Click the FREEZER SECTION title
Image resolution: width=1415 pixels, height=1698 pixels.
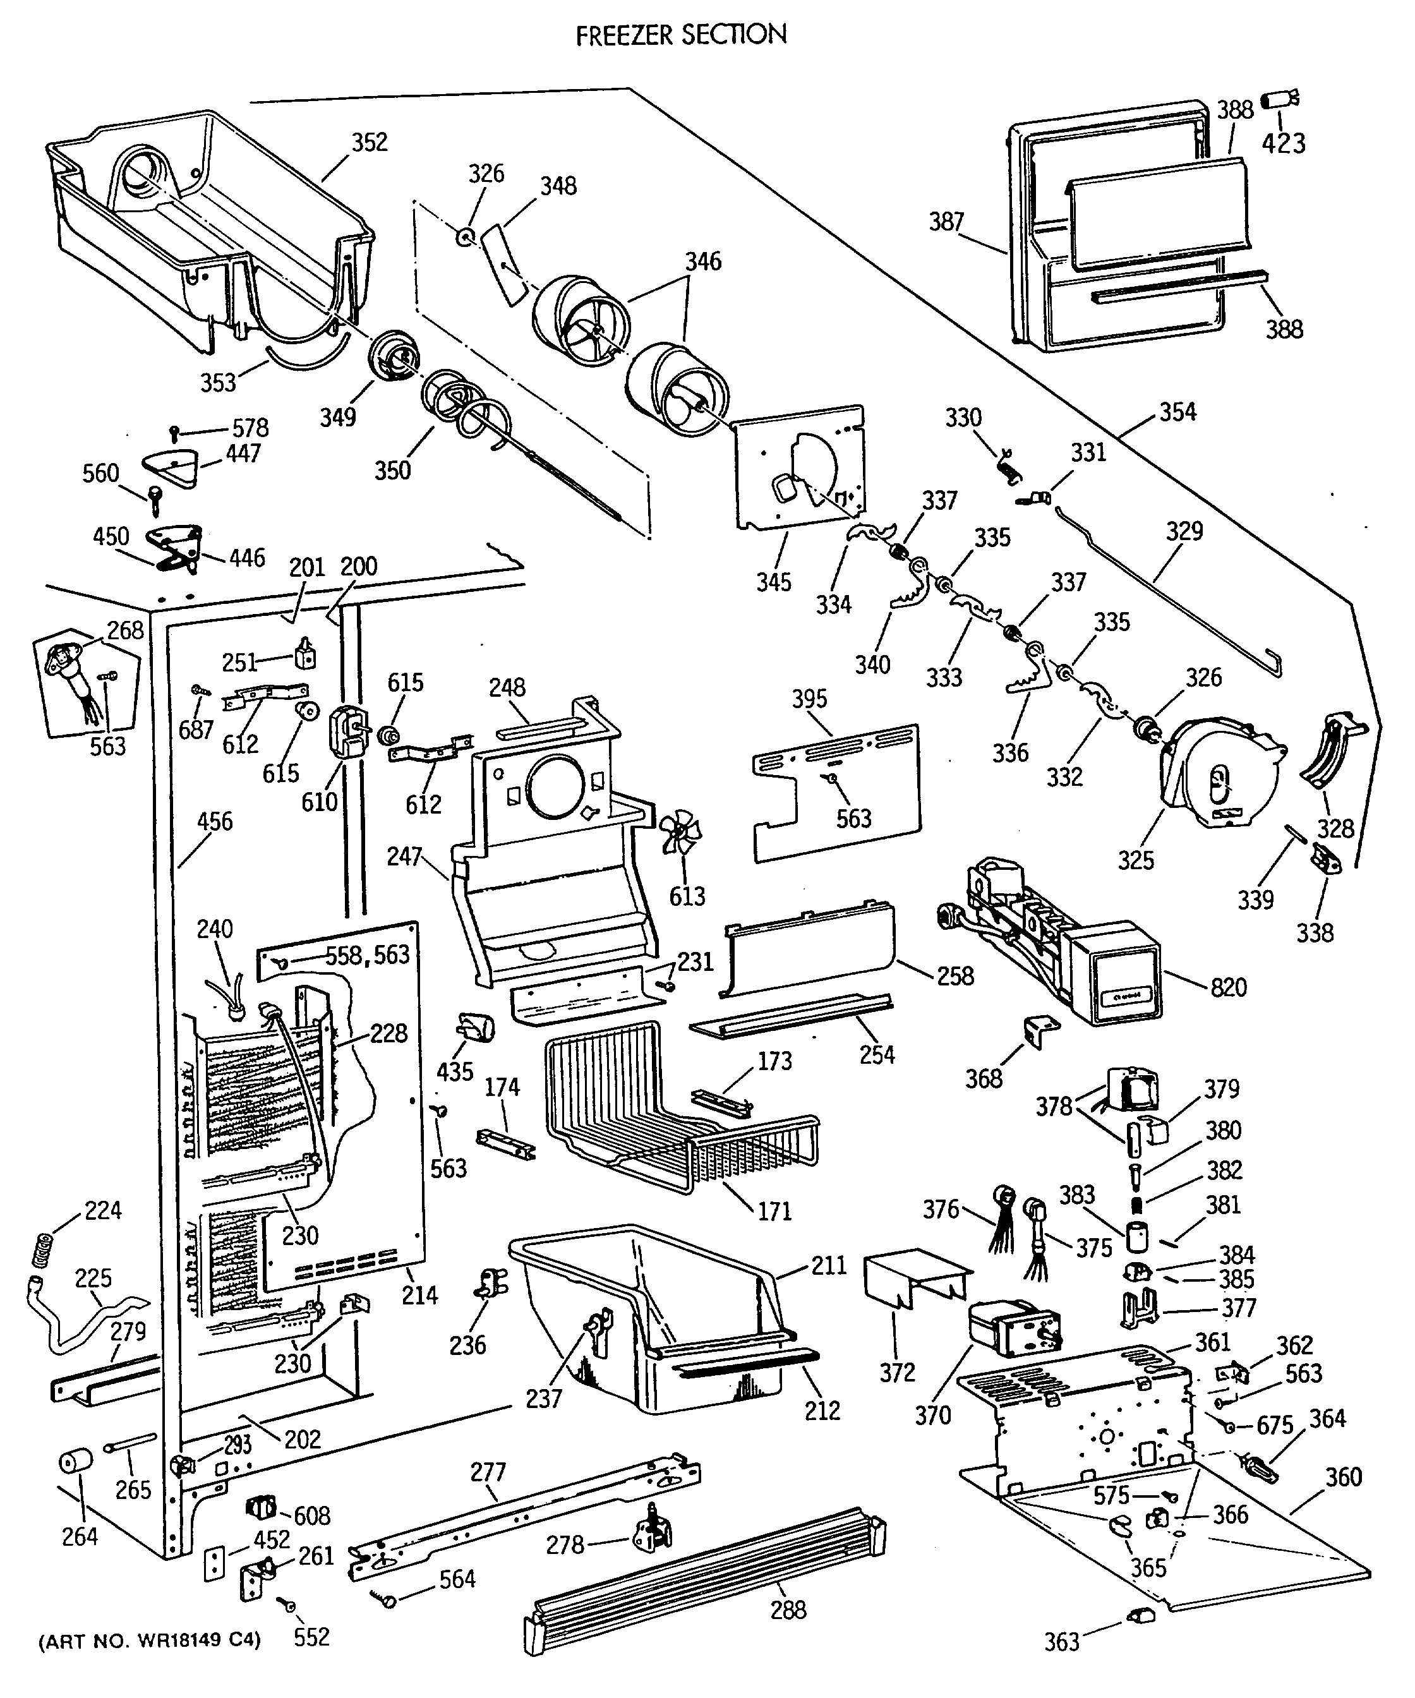coord(681,35)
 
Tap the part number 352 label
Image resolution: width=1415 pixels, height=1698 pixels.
coord(370,142)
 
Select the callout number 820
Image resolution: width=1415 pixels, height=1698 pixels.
coord(1228,987)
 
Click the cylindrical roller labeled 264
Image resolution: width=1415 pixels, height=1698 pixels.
coord(76,1463)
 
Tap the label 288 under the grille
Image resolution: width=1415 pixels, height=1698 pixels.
coord(788,1610)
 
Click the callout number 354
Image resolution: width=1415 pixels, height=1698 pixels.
coord(1177,412)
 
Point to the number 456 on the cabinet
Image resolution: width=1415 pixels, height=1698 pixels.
coord(214,821)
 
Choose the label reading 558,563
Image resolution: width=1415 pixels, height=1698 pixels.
coord(367,955)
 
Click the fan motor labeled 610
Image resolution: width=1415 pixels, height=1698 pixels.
coord(347,733)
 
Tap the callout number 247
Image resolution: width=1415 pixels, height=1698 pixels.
coord(405,857)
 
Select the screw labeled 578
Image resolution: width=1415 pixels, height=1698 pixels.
coord(174,433)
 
